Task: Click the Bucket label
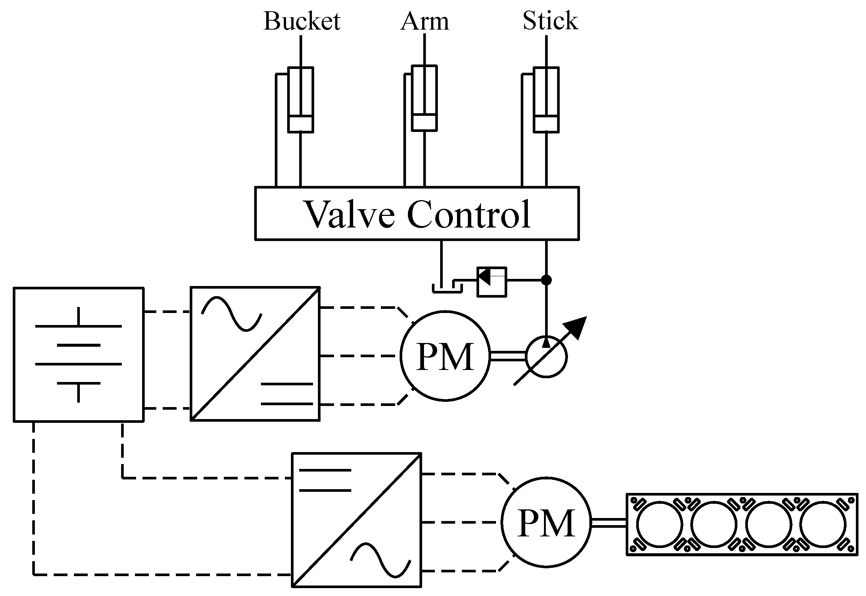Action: tap(302, 21)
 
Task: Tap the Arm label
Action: tap(424, 21)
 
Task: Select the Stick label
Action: tap(550, 21)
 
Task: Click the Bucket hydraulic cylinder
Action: tap(300, 100)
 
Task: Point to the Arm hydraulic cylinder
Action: tap(424, 99)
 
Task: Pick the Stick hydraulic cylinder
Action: tap(546, 100)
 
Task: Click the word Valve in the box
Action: tap(350, 214)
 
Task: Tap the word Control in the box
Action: tap(469, 214)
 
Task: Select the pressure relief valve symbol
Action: tap(491, 282)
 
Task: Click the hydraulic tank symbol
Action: tap(447, 288)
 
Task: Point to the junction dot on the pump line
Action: tap(547, 280)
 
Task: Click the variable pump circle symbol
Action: tap(546, 357)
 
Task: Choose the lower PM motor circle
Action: tap(546, 523)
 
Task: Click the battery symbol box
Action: tap(78, 355)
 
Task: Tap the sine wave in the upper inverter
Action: tap(231, 313)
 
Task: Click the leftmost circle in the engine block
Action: tap(659, 524)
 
